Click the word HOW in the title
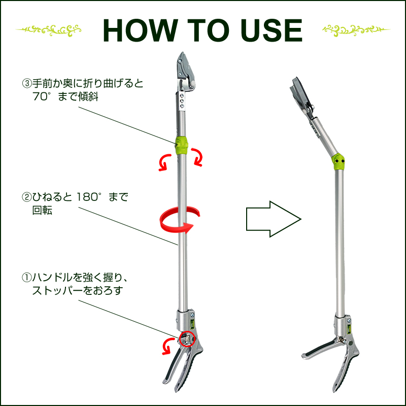click(141, 30)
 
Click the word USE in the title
click(271, 30)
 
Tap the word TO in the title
click(209, 30)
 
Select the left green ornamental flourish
click(48, 30)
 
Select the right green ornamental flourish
click(356, 30)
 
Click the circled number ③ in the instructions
click(27, 84)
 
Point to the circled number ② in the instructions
click(27, 197)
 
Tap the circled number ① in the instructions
click(27, 278)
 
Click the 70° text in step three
click(42, 96)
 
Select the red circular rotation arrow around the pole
click(179, 220)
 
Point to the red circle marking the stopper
click(187, 339)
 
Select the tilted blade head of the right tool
click(301, 95)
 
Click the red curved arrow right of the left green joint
click(197, 157)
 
